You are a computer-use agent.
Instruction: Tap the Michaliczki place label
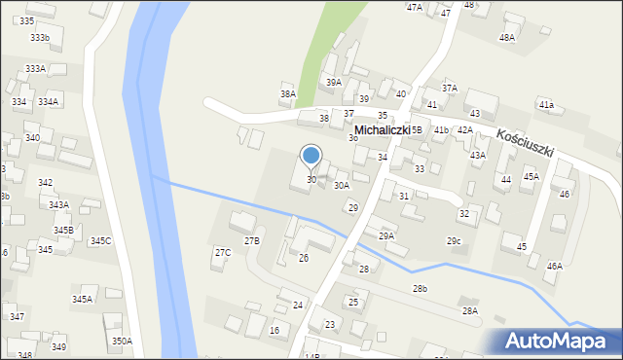pyautogui.click(x=387, y=129)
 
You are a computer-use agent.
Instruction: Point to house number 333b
pyautogui.click(x=39, y=37)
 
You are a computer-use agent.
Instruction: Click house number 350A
pyautogui.click(x=122, y=341)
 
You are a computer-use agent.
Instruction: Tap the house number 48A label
pyautogui.click(x=506, y=37)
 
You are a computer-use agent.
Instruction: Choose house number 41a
pyautogui.click(x=546, y=104)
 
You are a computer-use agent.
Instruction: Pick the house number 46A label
pyautogui.click(x=554, y=266)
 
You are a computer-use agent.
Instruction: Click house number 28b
pyautogui.click(x=420, y=289)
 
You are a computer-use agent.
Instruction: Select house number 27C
pyautogui.click(x=223, y=252)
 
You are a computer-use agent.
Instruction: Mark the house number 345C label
pyautogui.click(x=100, y=240)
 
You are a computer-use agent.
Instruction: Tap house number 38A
pyautogui.click(x=287, y=94)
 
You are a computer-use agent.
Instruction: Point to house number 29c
pyautogui.click(x=455, y=240)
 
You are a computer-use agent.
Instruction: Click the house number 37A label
pyautogui.click(x=449, y=88)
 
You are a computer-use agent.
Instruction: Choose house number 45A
pyautogui.click(x=531, y=177)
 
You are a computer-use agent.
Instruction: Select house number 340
pyautogui.click(x=32, y=137)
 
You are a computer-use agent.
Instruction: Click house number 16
pyautogui.click(x=275, y=331)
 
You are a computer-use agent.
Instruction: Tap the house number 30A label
pyautogui.click(x=342, y=185)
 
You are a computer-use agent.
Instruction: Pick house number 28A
pyautogui.click(x=470, y=310)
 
